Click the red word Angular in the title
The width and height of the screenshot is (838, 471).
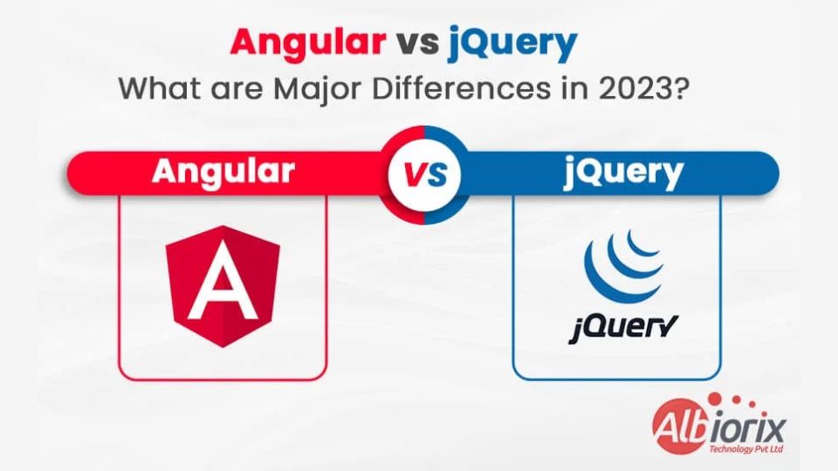(x=308, y=43)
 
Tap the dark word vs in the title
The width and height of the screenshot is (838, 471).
(x=417, y=43)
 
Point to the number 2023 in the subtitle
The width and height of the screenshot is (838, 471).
(x=634, y=89)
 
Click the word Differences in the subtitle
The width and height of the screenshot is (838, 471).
(x=461, y=89)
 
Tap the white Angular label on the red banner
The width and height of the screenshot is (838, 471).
(x=223, y=172)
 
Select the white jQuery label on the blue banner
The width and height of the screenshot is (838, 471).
(x=623, y=173)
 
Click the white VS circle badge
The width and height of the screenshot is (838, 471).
(x=425, y=175)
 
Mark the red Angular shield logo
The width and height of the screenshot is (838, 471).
(x=223, y=286)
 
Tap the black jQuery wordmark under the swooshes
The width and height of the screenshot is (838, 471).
(x=623, y=327)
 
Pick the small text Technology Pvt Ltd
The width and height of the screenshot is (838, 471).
(x=746, y=450)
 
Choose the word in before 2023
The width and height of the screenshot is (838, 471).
(x=574, y=89)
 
